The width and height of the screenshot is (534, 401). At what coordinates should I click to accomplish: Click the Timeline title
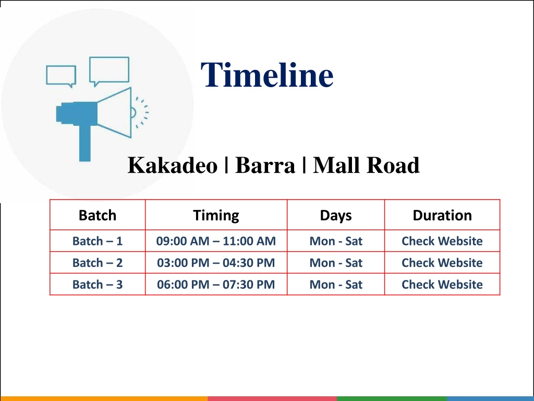(x=267, y=75)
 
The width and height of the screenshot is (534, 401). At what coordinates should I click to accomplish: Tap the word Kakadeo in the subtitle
(x=172, y=165)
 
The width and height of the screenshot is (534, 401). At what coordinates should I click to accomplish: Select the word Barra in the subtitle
(x=265, y=165)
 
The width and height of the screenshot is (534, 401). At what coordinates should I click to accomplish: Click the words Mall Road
(x=366, y=165)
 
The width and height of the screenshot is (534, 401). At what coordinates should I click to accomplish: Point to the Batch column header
(x=98, y=215)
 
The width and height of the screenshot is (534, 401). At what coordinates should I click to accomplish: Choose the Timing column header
(x=216, y=216)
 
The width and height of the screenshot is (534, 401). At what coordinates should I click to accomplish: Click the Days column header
(x=336, y=216)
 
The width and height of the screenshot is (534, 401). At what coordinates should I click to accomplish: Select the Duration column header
(x=442, y=215)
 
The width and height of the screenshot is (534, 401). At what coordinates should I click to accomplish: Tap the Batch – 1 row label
(x=98, y=241)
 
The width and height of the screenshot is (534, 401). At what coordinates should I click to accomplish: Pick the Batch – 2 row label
(x=98, y=263)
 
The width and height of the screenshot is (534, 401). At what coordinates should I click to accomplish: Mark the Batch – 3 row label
(x=98, y=285)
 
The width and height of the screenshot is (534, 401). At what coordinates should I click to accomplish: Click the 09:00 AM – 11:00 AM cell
(x=216, y=241)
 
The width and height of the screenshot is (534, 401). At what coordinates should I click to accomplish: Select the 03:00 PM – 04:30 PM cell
(x=216, y=263)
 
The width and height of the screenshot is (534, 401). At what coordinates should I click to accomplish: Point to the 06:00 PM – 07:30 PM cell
(x=216, y=285)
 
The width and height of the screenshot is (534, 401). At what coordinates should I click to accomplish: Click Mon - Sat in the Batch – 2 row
(x=336, y=263)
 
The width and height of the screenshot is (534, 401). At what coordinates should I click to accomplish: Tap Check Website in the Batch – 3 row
(x=442, y=285)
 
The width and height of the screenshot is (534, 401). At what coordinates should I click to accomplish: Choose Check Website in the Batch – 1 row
(x=442, y=241)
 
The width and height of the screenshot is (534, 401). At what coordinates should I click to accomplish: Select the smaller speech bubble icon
(x=61, y=76)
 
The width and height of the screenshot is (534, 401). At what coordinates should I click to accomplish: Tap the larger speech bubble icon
(x=109, y=71)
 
